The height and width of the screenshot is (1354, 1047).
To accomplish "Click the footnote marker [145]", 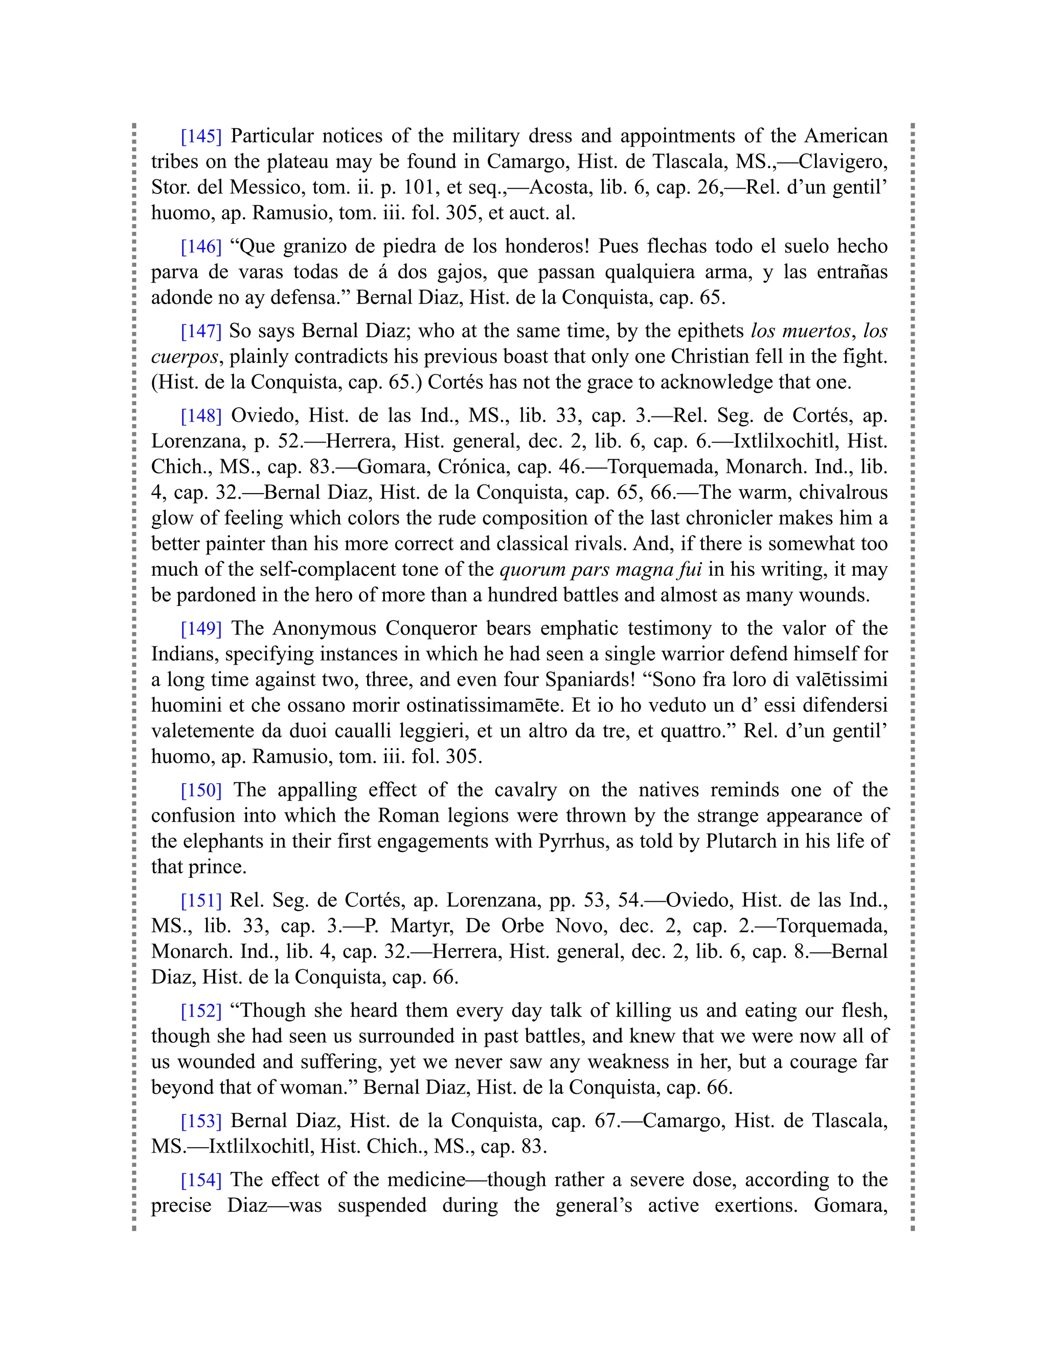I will point(201,136).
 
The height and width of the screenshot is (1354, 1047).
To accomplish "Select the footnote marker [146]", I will point(201,246).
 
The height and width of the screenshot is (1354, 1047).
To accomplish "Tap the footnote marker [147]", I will point(201,331).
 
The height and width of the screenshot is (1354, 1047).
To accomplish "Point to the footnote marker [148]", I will point(201,415).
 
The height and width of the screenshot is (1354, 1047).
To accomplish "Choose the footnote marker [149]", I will point(201,628).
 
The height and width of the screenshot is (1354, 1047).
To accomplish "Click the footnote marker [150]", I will point(201,790).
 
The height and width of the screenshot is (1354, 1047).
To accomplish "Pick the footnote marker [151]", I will point(201,900).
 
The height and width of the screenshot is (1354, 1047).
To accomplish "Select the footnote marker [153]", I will point(201,1120).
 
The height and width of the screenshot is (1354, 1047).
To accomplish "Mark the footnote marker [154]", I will point(201,1179).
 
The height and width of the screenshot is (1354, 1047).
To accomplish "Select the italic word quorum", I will point(533,569).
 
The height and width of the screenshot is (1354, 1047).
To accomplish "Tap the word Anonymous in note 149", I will point(325,628).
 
